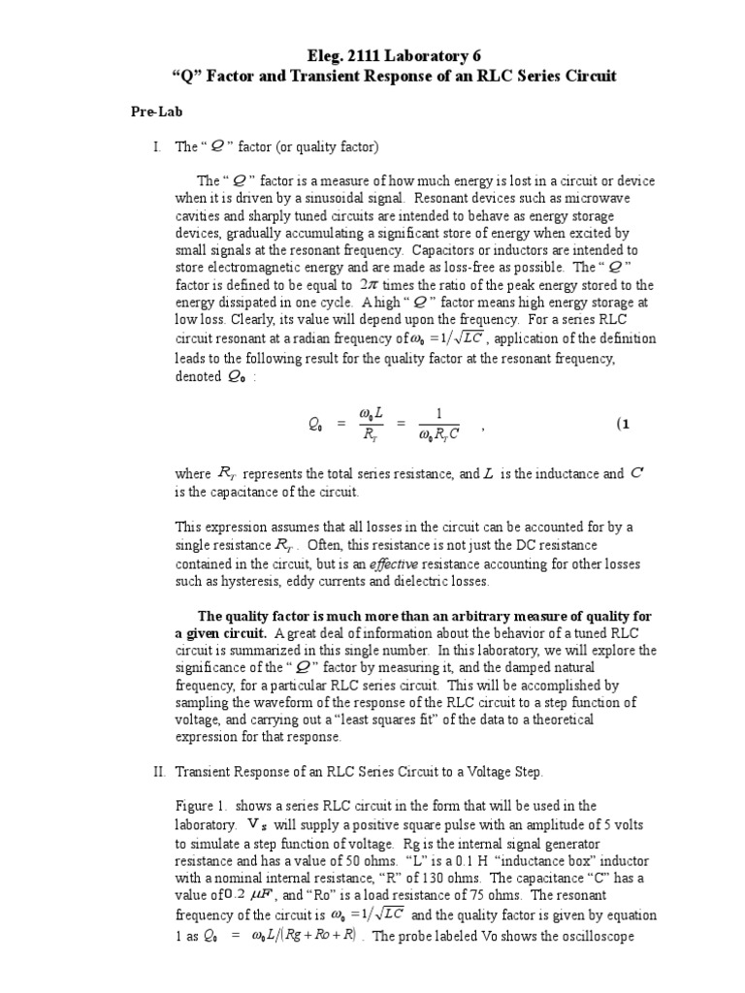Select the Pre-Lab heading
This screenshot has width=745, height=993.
[156, 112]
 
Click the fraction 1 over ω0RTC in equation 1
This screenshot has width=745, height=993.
[438, 425]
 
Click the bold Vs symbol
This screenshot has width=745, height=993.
[257, 824]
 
